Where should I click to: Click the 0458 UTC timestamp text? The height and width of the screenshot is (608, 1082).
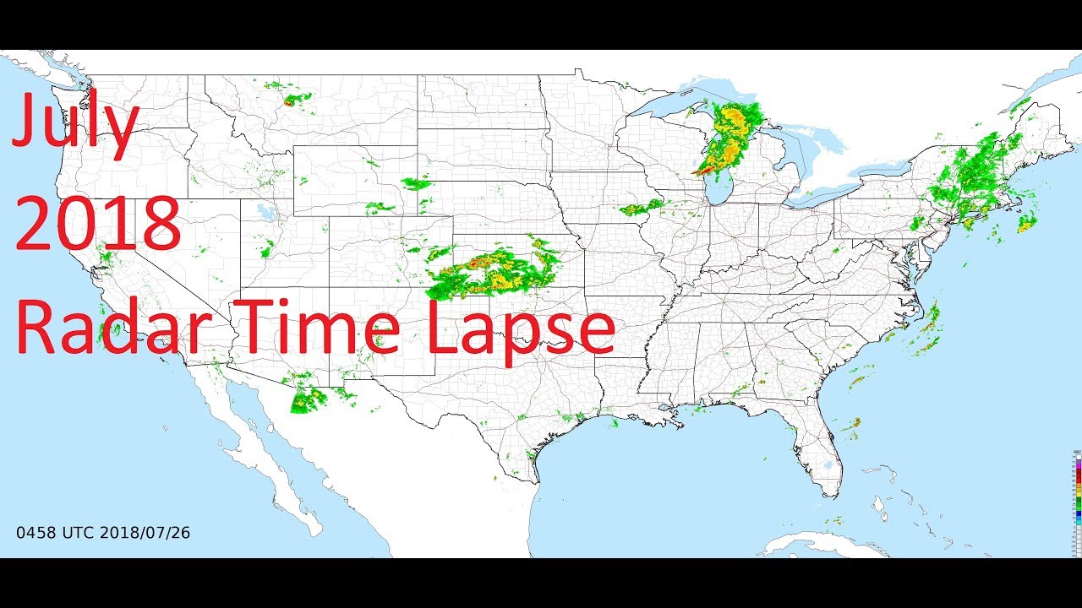(x=56, y=533)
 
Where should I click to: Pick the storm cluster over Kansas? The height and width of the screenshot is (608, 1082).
(x=490, y=270)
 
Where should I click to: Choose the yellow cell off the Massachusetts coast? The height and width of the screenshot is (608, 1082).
(x=1027, y=224)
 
